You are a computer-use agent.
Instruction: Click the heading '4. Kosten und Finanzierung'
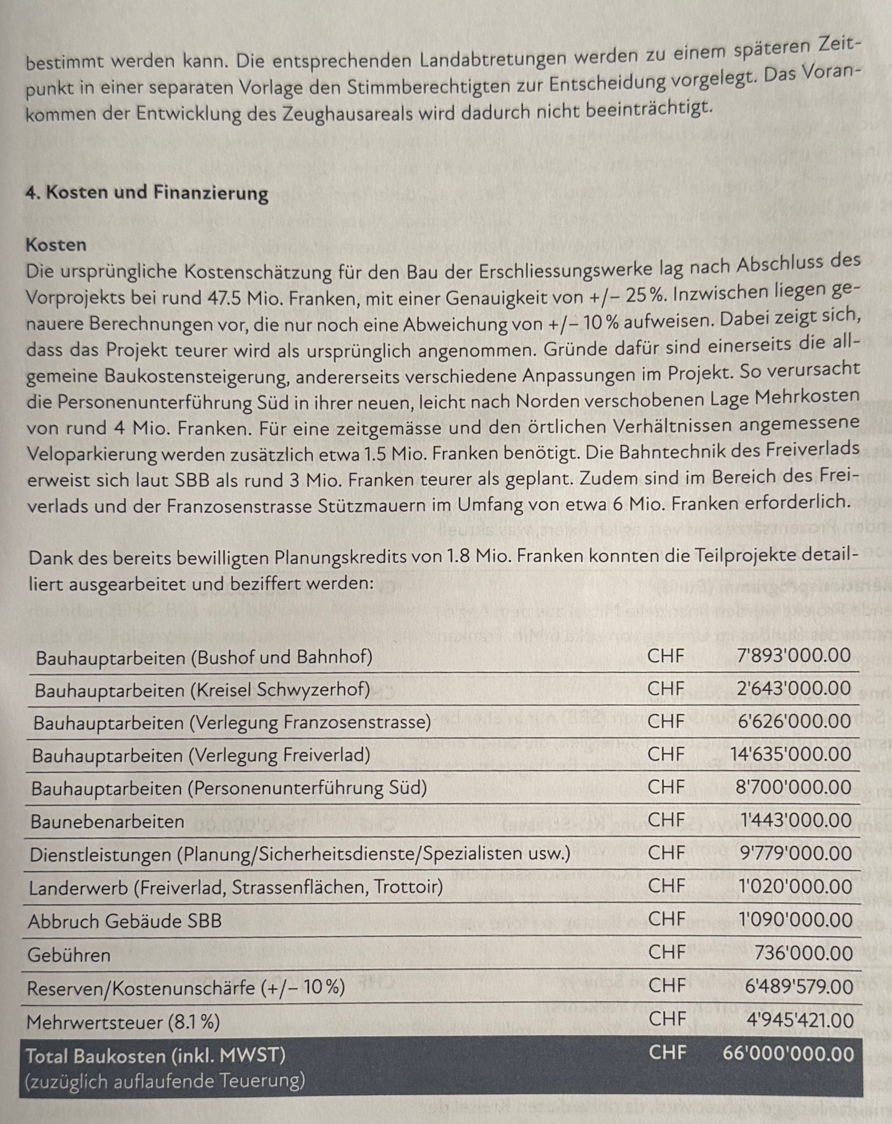146,193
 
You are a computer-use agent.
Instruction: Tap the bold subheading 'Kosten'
56,244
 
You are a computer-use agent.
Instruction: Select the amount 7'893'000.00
794,655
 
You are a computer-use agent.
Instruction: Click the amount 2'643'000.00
794,688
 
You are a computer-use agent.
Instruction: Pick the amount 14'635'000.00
790,754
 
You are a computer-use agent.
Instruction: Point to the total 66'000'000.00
788,1054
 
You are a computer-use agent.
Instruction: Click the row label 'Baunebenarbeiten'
107,822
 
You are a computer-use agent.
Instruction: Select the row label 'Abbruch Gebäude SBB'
125,921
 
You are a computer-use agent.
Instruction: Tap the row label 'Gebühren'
69,955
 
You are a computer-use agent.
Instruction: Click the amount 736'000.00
803,953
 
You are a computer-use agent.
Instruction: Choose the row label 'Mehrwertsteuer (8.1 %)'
123,1022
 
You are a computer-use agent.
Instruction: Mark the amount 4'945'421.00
800,1020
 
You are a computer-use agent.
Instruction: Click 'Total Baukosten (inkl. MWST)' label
155,1055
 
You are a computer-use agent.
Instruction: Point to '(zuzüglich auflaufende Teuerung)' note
165,1080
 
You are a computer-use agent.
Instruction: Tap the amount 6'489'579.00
798,986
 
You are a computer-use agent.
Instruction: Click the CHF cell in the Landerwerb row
666,885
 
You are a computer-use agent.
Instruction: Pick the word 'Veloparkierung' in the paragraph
92,454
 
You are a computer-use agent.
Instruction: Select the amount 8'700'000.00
793,787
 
